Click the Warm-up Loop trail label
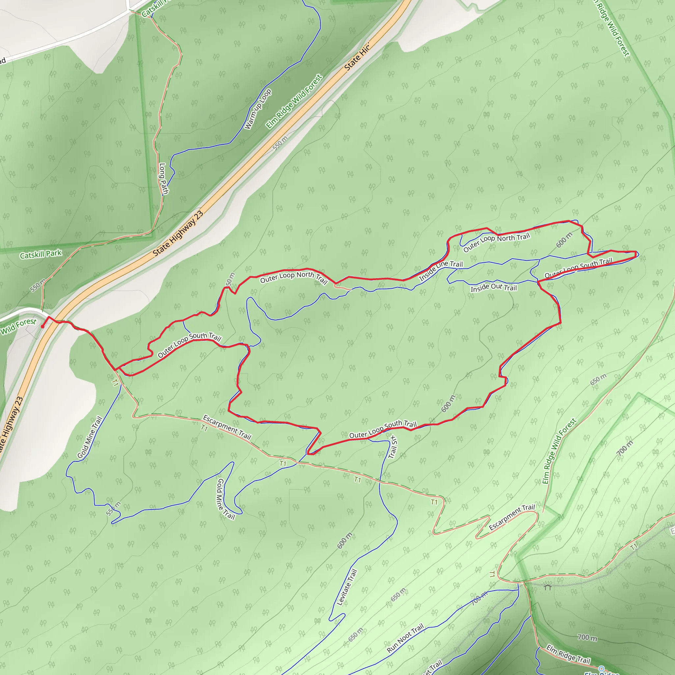(x=258, y=109)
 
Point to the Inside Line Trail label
(x=441, y=270)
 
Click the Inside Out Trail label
(x=493, y=287)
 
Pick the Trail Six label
(x=393, y=447)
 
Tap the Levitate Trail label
(x=347, y=587)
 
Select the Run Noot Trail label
(x=405, y=638)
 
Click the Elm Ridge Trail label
(x=568, y=654)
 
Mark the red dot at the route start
(x=43, y=327)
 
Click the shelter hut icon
(x=547, y=587)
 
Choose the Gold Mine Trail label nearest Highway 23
(x=89, y=437)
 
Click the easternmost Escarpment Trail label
(x=512, y=517)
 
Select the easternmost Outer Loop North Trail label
(x=496, y=242)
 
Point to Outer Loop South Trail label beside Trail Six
(x=383, y=429)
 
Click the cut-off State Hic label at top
(x=356, y=57)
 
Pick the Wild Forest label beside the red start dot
(x=18, y=326)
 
